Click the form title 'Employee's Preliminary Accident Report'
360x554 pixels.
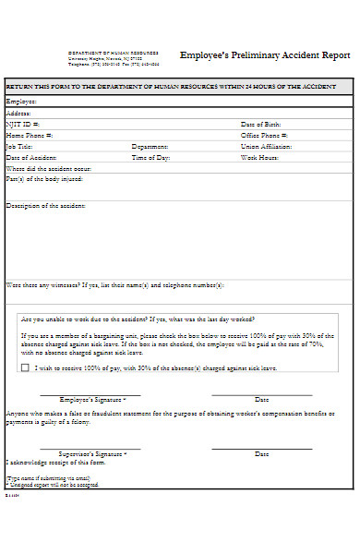pyautogui.click(x=265, y=55)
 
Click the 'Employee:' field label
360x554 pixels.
pyautogui.click(x=22, y=101)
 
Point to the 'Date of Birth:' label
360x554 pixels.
pyautogui.click(x=262, y=123)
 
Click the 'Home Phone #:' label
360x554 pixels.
pyautogui.click(x=30, y=135)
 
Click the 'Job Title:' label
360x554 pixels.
pyautogui.click(x=20, y=146)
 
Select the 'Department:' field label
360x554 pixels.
pyautogui.click(x=150, y=146)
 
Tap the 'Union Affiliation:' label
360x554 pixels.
pyautogui.click(x=266, y=146)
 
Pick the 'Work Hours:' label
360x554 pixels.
pyautogui.click(x=260, y=158)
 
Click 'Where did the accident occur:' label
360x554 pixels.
pyautogui.click(x=49, y=169)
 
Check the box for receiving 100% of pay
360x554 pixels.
pyautogui.click(x=25, y=367)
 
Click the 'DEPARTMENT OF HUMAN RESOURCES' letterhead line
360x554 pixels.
pyautogui.click(x=114, y=53)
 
